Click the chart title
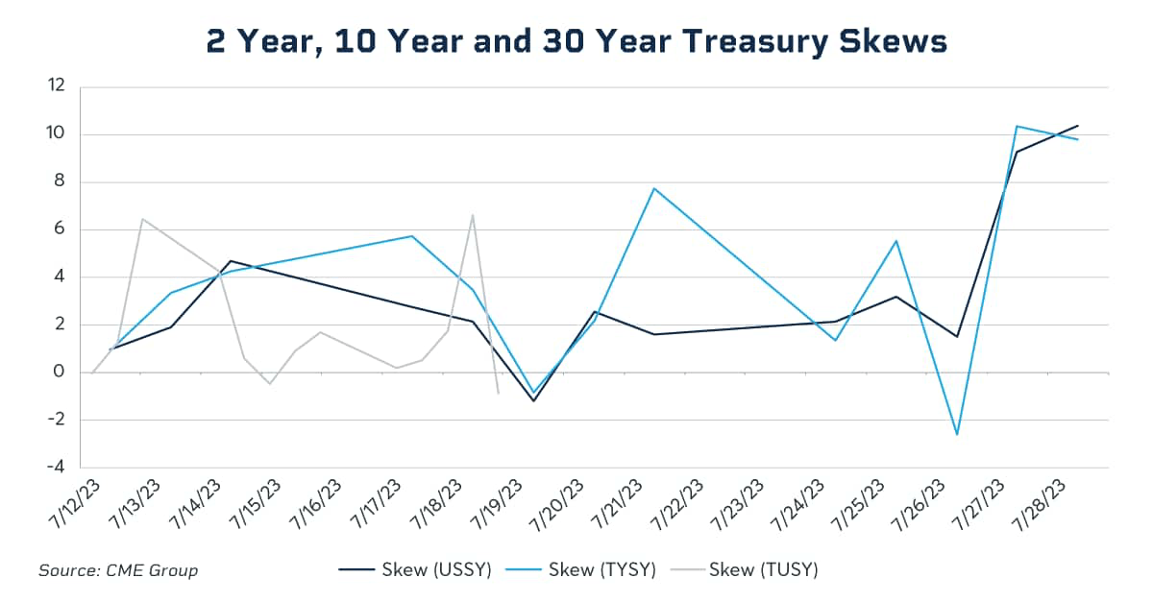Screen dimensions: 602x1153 point(576,41)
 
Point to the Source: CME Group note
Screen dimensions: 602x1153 point(118,570)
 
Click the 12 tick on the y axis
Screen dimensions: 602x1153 point(57,86)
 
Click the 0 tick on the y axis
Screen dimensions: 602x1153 point(61,373)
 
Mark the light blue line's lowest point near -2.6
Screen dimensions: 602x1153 point(957,434)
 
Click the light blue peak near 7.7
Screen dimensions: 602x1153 point(654,188)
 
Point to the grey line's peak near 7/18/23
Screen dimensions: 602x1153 point(473,215)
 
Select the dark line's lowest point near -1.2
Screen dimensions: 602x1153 point(533,400)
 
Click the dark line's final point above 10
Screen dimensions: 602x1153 point(1078,126)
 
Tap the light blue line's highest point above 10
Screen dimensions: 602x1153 point(1018,126)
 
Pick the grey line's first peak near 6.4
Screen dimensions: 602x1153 point(142,219)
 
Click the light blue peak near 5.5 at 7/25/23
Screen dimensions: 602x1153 point(896,241)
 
